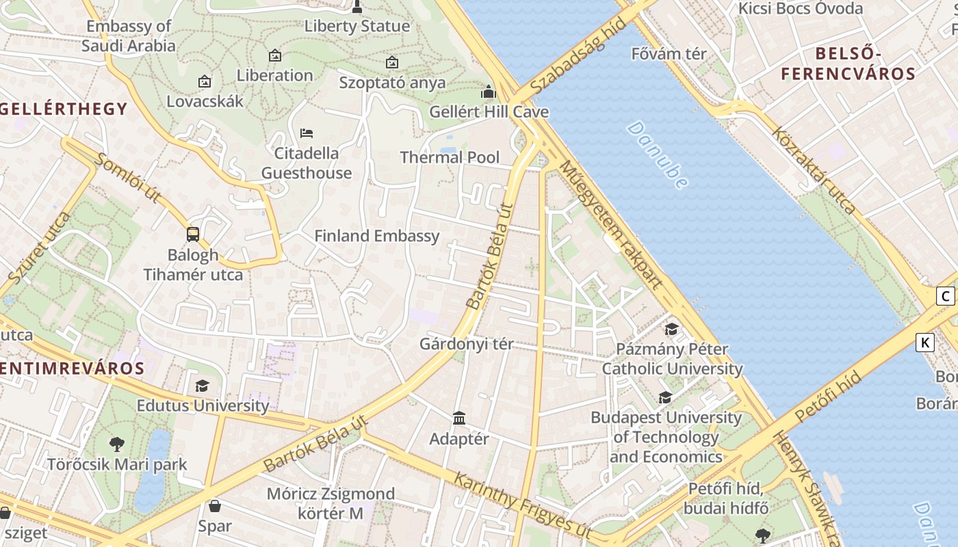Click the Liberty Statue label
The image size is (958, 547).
(x=357, y=27)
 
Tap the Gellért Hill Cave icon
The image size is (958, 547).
(x=489, y=92)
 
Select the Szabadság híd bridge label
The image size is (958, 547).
(x=578, y=57)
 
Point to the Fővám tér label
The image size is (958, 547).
(x=669, y=54)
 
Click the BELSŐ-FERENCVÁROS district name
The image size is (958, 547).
(x=848, y=64)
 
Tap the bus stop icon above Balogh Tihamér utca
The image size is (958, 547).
(x=193, y=235)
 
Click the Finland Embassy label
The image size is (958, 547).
(x=376, y=237)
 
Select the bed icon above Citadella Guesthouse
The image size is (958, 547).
(x=307, y=133)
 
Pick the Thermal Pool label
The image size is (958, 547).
(x=450, y=157)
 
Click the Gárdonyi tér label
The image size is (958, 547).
(x=466, y=344)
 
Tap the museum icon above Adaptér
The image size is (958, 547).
(x=459, y=418)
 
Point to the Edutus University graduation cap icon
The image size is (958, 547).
(x=202, y=386)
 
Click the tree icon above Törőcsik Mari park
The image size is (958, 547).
(x=117, y=444)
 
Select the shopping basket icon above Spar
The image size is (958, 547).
(x=215, y=506)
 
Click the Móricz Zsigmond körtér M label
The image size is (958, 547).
(x=331, y=503)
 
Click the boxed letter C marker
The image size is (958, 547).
(x=945, y=296)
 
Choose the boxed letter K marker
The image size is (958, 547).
(x=925, y=343)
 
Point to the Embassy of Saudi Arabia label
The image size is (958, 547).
(x=129, y=36)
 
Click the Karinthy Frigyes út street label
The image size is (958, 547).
(x=522, y=505)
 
